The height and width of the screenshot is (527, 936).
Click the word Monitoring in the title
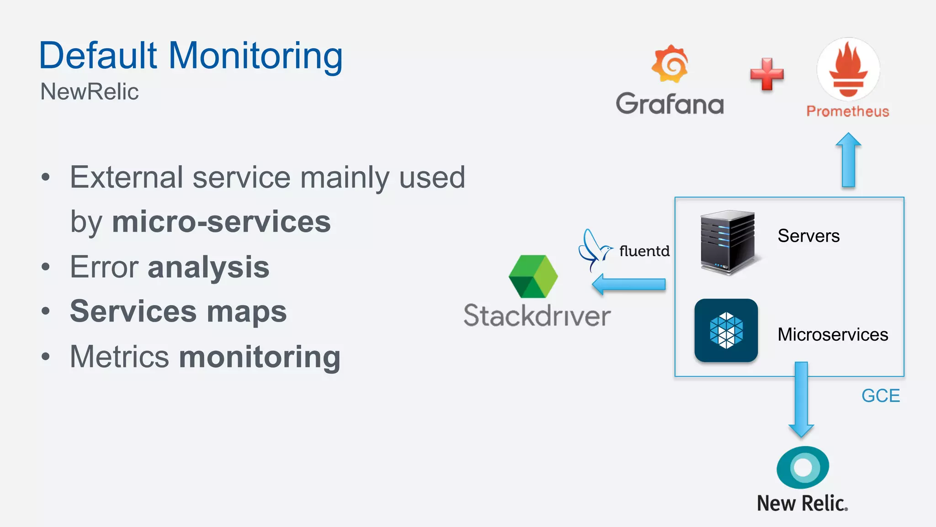click(x=255, y=56)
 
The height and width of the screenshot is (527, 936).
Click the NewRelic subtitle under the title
click(x=89, y=91)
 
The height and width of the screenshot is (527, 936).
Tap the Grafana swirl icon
click(x=670, y=64)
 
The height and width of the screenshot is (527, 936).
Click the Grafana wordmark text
click(x=670, y=104)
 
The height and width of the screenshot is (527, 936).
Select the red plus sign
click(x=767, y=74)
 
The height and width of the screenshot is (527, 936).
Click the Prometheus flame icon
click(x=848, y=69)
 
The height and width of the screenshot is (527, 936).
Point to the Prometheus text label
click(x=848, y=111)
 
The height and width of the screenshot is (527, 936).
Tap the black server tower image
click(x=728, y=242)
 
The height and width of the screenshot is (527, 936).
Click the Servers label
click(x=808, y=236)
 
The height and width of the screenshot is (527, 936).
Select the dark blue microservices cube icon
click(x=726, y=330)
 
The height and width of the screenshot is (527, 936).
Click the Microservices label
click(x=833, y=334)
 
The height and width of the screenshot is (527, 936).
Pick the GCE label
click(x=880, y=396)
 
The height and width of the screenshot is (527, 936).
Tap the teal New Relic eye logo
click(x=803, y=467)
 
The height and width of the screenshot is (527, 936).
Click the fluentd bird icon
click(x=593, y=250)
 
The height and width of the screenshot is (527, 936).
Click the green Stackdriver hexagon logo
click(x=533, y=276)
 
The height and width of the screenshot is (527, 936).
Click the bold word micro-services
click(x=221, y=222)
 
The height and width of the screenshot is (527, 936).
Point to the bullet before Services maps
click(x=45, y=312)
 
